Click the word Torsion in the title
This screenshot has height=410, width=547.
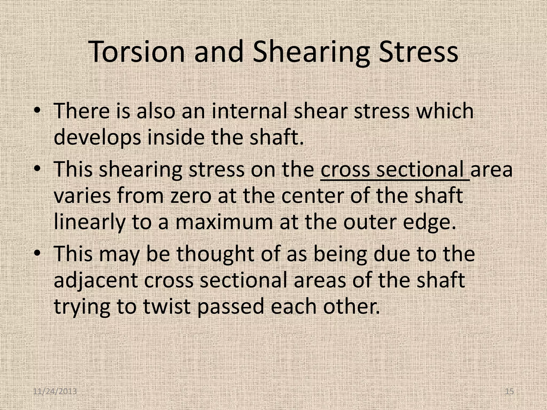[x=136, y=52]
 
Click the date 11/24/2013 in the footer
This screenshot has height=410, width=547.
[x=55, y=392]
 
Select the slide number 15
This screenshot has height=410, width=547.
[x=510, y=392]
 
